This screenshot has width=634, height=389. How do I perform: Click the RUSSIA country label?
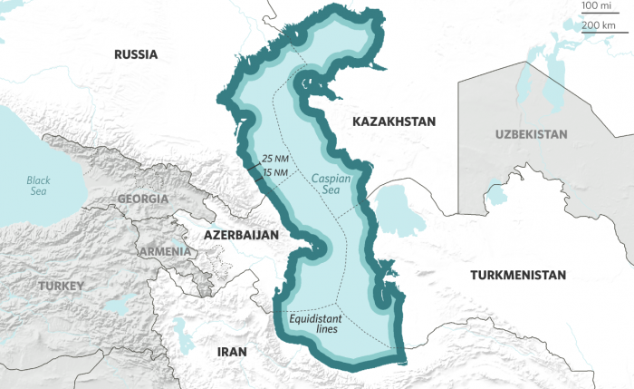click(x=136, y=54)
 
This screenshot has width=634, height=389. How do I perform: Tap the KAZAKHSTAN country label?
click(x=394, y=121)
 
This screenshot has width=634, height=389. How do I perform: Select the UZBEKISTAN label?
click(x=532, y=134)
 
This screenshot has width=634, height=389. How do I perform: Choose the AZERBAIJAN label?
click(x=240, y=234)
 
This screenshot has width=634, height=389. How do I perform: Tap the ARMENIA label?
click(x=164, y=251)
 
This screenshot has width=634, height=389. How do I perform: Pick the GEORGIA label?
click(x=142, y=199)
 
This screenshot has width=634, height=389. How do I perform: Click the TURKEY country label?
click(x=61, y=286)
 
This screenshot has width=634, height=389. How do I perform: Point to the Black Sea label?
click(x=39, y=186)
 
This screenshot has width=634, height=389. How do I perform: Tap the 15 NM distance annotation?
click(x=275, y=172)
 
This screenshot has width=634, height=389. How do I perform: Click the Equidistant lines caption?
click(x=314, y=323)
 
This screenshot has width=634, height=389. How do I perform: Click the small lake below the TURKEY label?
click(x=117, y=307)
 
